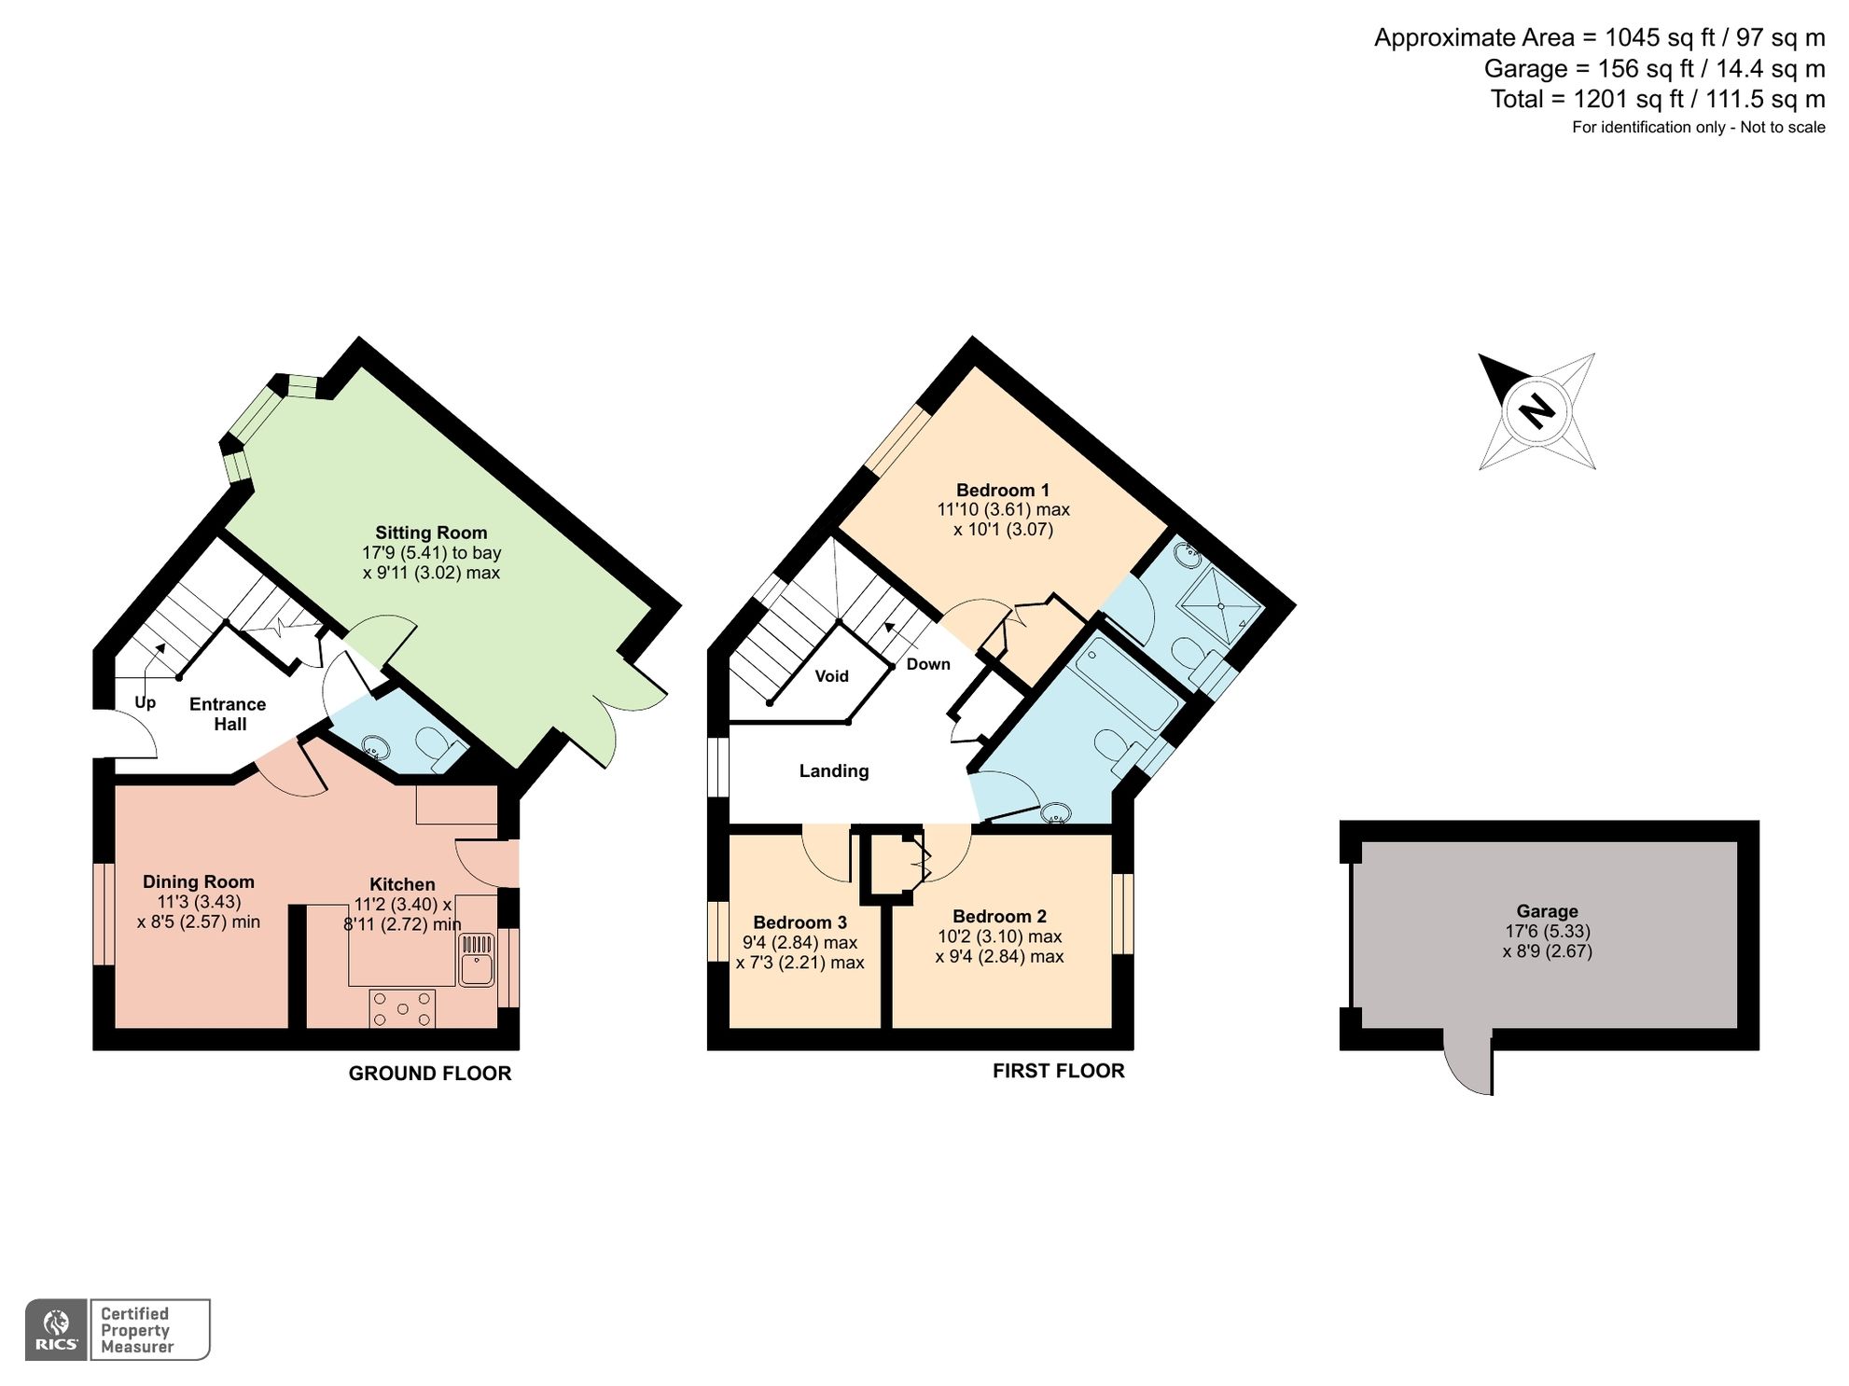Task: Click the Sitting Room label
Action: pyautogui.click(x=431, y=533)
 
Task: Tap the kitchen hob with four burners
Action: pyautogui.click(x=402, y=1008)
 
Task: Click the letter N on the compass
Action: pyautogui.click(x=1536, y=410)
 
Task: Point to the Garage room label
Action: pyautogui.click(x=1547, y=911)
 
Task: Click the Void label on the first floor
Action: pyautogui.click(x=831, y=676)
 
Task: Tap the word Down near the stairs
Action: pyautogui.click(x=928, y=664)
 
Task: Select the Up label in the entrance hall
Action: pyautogui.click(x=145, y=702)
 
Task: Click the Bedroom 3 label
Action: pyautogui.click(x=799, y=922)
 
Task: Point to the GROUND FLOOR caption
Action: pyautogui.click(x=429, y=1074)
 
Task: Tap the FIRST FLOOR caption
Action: pyautogui.click(x=1058, y=1071)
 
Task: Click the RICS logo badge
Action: pyautogui.click(x=57, y=1329)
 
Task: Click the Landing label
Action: pyautogui.click(x=833, y=770)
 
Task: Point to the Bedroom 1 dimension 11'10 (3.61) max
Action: pyautogui.click(x=1003, y=510)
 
